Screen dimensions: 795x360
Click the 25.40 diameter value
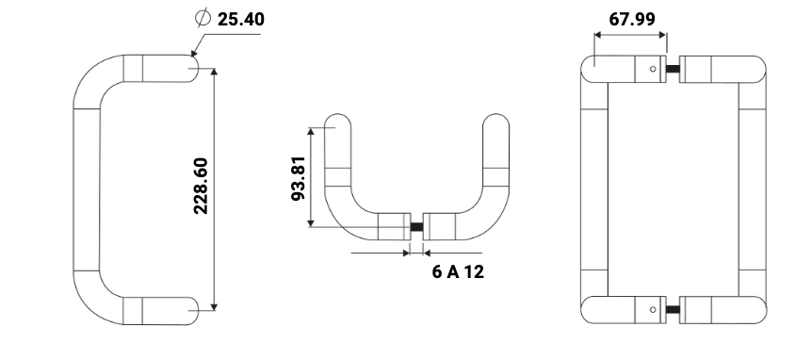(241, 19)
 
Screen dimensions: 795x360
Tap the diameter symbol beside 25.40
(203, 18)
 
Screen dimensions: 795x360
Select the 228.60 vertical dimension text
(201, 186)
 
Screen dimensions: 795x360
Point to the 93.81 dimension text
(299, 178)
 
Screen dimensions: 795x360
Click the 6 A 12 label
(458, 271)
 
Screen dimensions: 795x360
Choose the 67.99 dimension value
(632, 19)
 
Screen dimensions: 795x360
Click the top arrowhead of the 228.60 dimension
(214, 72)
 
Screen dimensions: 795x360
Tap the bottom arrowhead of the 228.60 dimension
(214, 307)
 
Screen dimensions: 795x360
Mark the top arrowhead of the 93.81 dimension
(311, 131)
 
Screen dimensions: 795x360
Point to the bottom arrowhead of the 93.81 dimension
(311, 223)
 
